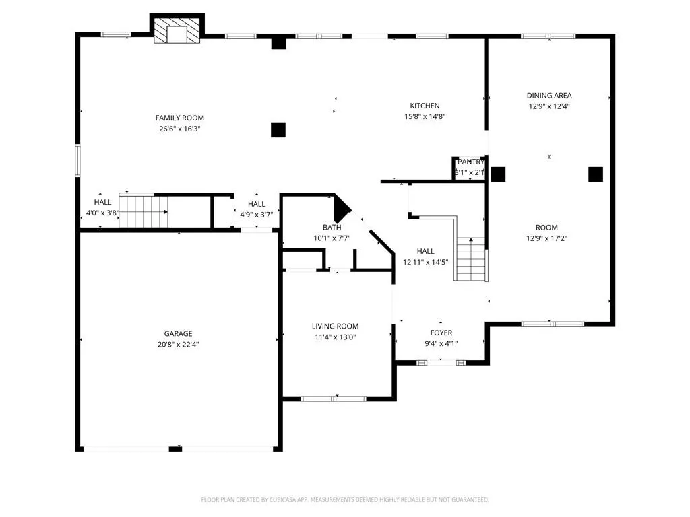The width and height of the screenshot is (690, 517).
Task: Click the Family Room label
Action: coord(179,118)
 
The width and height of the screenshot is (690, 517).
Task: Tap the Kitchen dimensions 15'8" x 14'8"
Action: coord(425,116)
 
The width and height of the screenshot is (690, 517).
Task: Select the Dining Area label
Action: coord(548,96)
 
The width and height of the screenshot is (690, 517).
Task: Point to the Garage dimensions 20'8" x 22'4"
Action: coord(178,344)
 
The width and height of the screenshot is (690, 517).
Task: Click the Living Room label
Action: coord(335,326)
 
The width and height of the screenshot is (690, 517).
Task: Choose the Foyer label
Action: coord(441,333)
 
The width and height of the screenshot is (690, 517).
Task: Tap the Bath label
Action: coord(332,227)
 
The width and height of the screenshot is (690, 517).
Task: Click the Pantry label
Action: coord(470,162)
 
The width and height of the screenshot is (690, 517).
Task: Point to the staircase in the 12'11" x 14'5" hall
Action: coord(471,258)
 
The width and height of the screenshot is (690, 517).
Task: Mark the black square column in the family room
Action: coord(278,129)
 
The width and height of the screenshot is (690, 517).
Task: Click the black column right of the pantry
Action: coord(498,174)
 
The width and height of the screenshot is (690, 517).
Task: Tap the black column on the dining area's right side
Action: coord(595,174)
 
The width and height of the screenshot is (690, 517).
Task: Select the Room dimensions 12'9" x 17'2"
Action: coord(546,238)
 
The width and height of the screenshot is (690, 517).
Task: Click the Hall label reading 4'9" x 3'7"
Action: coord(256,204)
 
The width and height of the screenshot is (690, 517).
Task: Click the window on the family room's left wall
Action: coord(77,161)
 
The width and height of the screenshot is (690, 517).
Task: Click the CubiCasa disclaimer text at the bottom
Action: coord(345,499)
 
